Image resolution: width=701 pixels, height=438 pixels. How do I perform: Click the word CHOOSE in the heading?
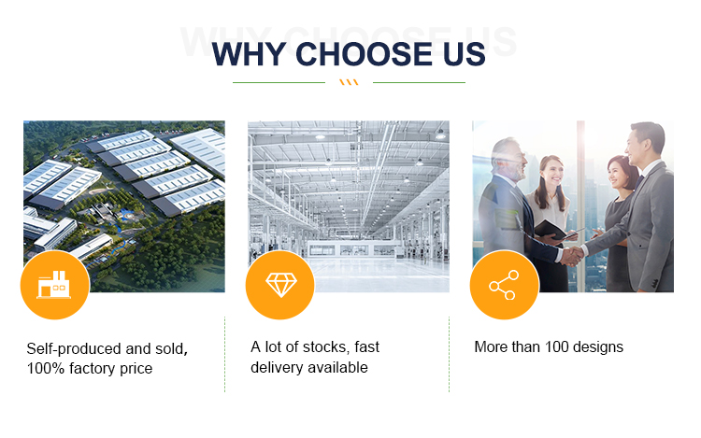(365, 54)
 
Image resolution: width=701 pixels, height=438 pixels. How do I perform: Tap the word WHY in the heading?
(249, 54)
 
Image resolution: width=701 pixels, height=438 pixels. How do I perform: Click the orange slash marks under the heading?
(349, 82)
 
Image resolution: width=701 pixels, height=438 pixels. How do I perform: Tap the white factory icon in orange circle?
(53, 285)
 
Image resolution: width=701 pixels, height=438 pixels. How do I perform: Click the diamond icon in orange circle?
(280, 285)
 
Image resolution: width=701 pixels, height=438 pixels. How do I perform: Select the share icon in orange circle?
(505, 285)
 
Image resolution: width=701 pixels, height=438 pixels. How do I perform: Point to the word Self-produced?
(74, 348)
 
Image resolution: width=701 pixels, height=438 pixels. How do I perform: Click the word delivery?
(277, 367)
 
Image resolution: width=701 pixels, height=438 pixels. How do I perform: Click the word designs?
(598, 347)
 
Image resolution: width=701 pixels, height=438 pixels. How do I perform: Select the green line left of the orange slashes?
(279, 82)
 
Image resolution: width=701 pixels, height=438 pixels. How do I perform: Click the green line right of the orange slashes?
(419, 82)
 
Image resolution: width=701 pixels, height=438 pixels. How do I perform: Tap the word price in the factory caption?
(136, 369)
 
